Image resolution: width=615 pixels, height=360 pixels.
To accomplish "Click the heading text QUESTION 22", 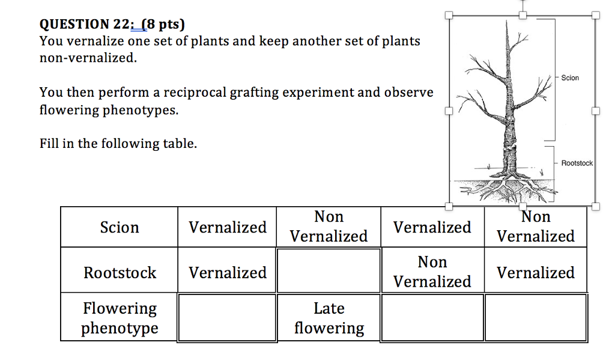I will pyautogui.click(x=83, y=24).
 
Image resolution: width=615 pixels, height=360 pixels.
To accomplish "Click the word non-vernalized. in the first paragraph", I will pyautogui.click(x=88, y=58).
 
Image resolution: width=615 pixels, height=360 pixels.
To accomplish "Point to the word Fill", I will pyautogui.click(x=50, y=144).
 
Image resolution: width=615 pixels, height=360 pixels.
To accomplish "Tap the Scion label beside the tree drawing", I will pyautogui.click(x=570, y=78).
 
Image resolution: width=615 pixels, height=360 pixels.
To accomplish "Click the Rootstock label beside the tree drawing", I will pyautogui.click(x=577, y=163).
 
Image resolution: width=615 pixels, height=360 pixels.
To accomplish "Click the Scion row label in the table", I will pyautogui.click(x=120, y=227).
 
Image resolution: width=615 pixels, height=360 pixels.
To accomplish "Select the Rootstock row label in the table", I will pyautogui.click(x=120, y=273).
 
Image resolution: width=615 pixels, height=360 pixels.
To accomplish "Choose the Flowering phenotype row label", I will pyautogui.click(x=120, y=318).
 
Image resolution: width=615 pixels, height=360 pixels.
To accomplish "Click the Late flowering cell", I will pyautogui.click(x=329, y=318).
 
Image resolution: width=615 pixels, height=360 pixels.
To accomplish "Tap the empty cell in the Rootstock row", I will pyautogui.click(x=329, y=270).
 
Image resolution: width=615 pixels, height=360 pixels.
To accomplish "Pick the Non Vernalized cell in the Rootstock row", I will pyautogui.click(x=432, y=272).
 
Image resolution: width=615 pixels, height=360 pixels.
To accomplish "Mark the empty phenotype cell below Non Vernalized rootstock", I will pyautogui.click(x=432, y=317).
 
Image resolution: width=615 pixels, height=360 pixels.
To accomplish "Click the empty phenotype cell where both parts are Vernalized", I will pyautogui.click(x=228, y=318).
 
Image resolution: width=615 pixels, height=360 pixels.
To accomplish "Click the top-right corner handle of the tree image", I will pyautogui.click(x=595, y=16).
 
